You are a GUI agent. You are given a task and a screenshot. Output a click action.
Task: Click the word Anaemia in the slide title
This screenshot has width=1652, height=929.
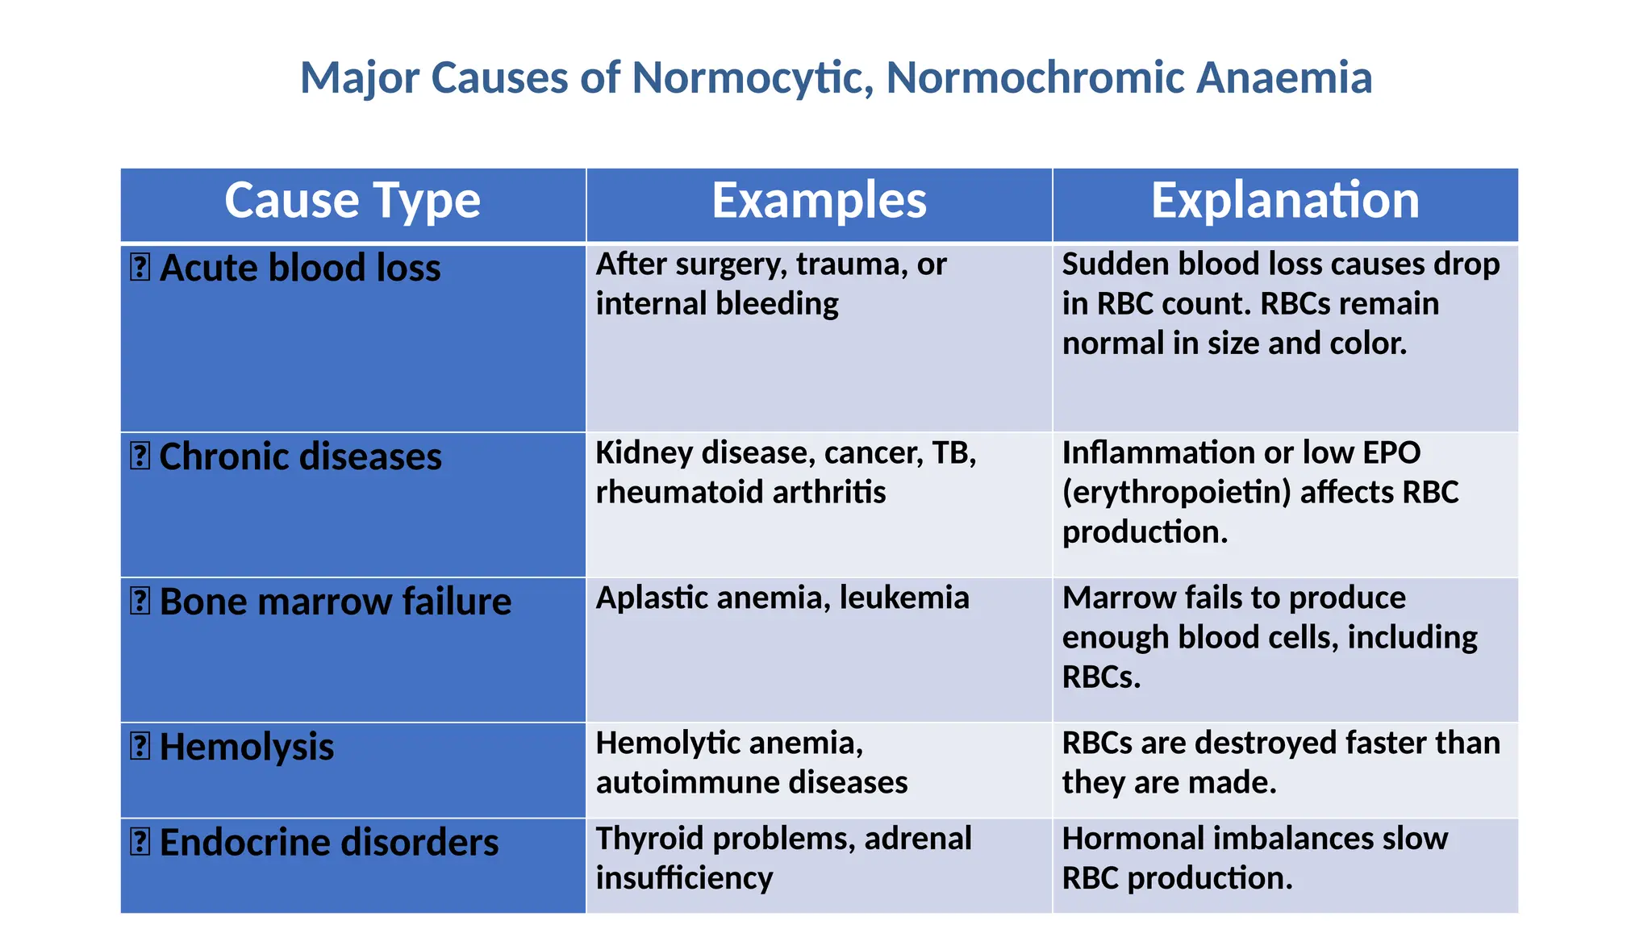click(1283, 78)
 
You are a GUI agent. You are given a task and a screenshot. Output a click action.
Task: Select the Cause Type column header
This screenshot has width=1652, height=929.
click(353, 201)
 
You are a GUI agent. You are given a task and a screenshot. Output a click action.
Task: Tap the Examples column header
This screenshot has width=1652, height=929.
click(819, 201)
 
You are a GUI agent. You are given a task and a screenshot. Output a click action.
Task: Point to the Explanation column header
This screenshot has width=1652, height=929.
click(1285, 201)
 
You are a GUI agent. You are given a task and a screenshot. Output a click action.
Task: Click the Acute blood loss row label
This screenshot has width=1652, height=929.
click(300, 268)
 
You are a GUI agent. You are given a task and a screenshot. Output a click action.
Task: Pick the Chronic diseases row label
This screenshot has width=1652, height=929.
click(300, 456)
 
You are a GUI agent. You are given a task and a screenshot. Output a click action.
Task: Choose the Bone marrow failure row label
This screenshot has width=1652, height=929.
click(335, 602)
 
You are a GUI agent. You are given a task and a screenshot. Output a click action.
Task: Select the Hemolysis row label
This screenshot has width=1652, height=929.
click(246, 747)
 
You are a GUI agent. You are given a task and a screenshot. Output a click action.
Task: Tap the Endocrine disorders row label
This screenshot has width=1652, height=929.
click(329, 843)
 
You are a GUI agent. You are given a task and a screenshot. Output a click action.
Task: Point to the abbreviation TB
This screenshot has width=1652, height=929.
click(953, 453)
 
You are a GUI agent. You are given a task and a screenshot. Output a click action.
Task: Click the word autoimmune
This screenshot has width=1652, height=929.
click(687, 783)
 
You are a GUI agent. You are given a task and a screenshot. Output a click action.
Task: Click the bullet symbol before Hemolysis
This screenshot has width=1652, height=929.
click(140, 746)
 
